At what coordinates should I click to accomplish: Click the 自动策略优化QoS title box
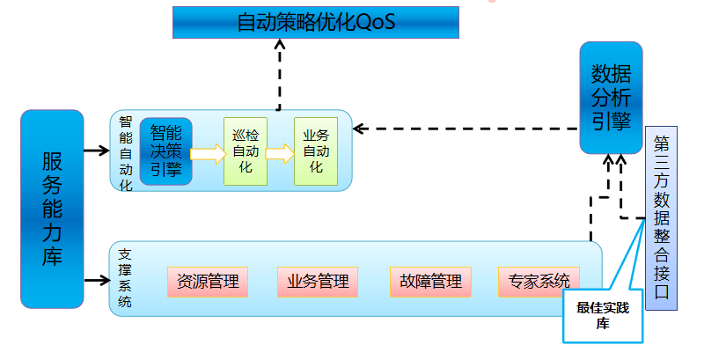315,22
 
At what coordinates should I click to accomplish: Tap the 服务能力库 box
52,209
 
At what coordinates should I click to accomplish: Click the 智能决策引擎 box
165,151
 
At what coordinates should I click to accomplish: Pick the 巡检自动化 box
246,151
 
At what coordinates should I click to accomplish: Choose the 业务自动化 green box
315,151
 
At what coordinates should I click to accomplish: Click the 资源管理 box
208,282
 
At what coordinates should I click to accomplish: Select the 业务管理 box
318,282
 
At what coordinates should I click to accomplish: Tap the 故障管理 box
430,282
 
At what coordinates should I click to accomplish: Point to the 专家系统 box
539,282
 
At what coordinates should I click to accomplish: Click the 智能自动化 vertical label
125,151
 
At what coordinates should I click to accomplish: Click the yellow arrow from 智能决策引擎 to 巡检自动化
208,154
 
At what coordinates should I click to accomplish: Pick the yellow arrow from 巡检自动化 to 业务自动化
279,154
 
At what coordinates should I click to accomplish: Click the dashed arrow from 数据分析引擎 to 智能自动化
466,129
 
